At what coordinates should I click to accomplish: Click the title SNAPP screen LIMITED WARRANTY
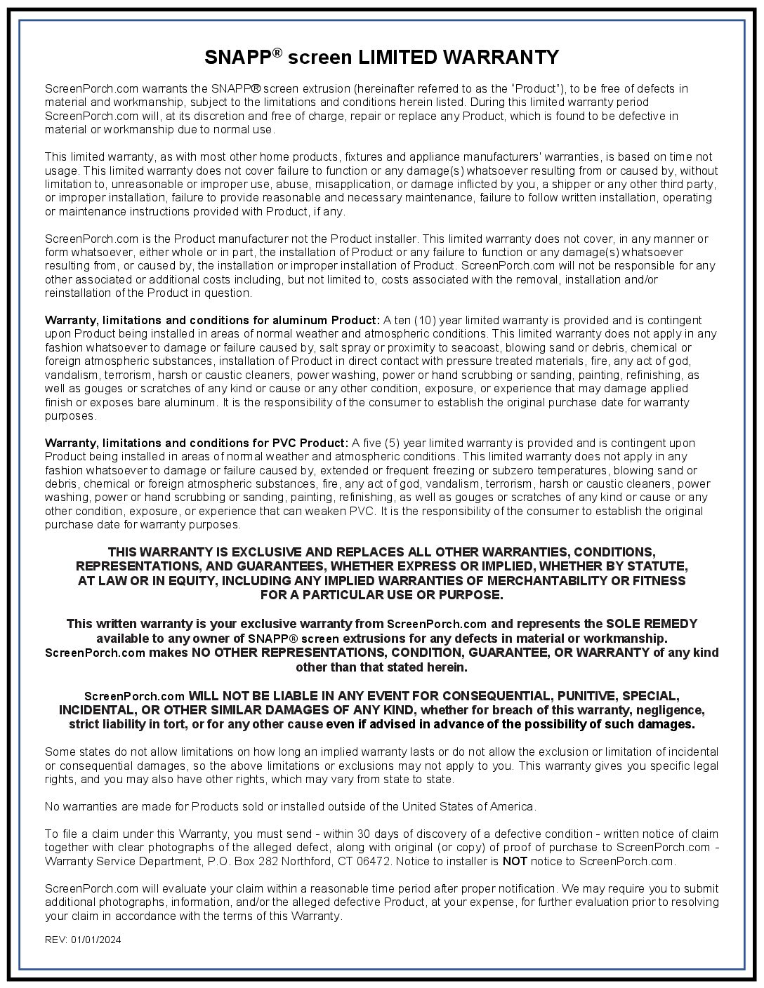point(381,57)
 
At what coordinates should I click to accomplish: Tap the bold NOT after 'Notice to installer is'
point(515,861)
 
